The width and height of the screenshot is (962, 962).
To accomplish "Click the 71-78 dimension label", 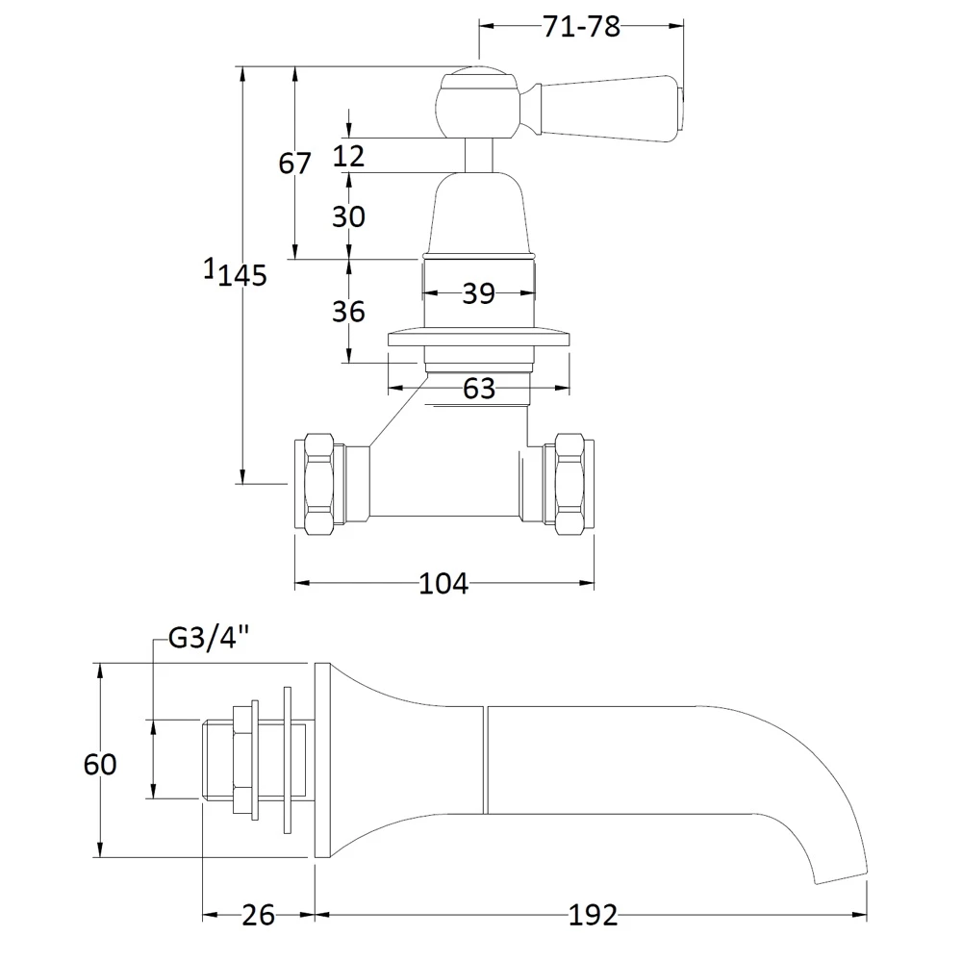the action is [582, 27].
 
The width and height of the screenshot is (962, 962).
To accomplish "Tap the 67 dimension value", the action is [295, 164].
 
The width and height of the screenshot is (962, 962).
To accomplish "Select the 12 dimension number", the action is [348, 156].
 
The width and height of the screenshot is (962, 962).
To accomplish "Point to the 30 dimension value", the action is [348, 216].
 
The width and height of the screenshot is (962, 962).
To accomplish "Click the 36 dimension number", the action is [348, 312].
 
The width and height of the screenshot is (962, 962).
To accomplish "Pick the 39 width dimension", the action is [478, 293].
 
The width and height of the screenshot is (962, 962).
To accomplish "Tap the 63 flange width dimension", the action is [478, 389].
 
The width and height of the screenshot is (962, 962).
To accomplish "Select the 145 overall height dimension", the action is [242, 275].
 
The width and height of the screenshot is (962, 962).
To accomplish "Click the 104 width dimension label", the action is [443, 584].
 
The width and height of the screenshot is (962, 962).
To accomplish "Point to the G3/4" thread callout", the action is [209, 638].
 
